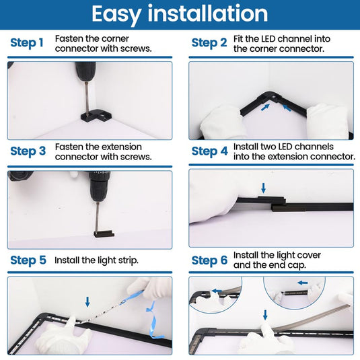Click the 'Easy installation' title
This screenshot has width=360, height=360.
tap(180, 14)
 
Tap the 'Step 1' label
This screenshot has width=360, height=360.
tap(27, 43)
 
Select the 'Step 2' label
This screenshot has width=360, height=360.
tap(209, 43)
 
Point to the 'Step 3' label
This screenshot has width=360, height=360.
tap(28, 151)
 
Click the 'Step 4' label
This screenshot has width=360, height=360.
tap(210, 151)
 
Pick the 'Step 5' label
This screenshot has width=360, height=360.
tap(28, 260)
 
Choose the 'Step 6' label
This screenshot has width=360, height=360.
tap(210, 260)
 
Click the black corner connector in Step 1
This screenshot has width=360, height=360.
tap(96, 116)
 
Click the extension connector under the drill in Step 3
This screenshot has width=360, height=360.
tap(104, 234)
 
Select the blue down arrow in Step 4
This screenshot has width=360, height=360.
tap(264, 188)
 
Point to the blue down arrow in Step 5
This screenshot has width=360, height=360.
tap(87, 301)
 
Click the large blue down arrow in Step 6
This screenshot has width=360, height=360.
tap(265, 315)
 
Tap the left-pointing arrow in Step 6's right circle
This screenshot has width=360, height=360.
tap(303, 283)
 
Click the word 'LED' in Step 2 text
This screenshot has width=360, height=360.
tap(270, 39)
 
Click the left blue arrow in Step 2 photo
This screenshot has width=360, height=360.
tap(265, 107)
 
